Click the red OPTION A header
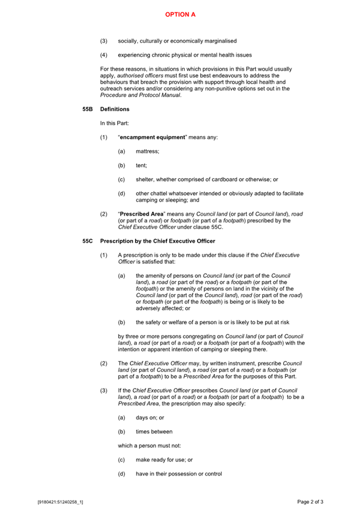180,15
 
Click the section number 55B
87,109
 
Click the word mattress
147,151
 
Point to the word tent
141,165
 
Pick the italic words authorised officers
138,75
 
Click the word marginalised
217,41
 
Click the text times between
154,431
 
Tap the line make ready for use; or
160,460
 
